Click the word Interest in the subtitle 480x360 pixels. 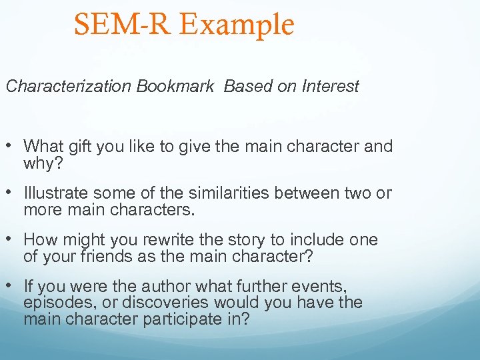coord(330,87)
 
